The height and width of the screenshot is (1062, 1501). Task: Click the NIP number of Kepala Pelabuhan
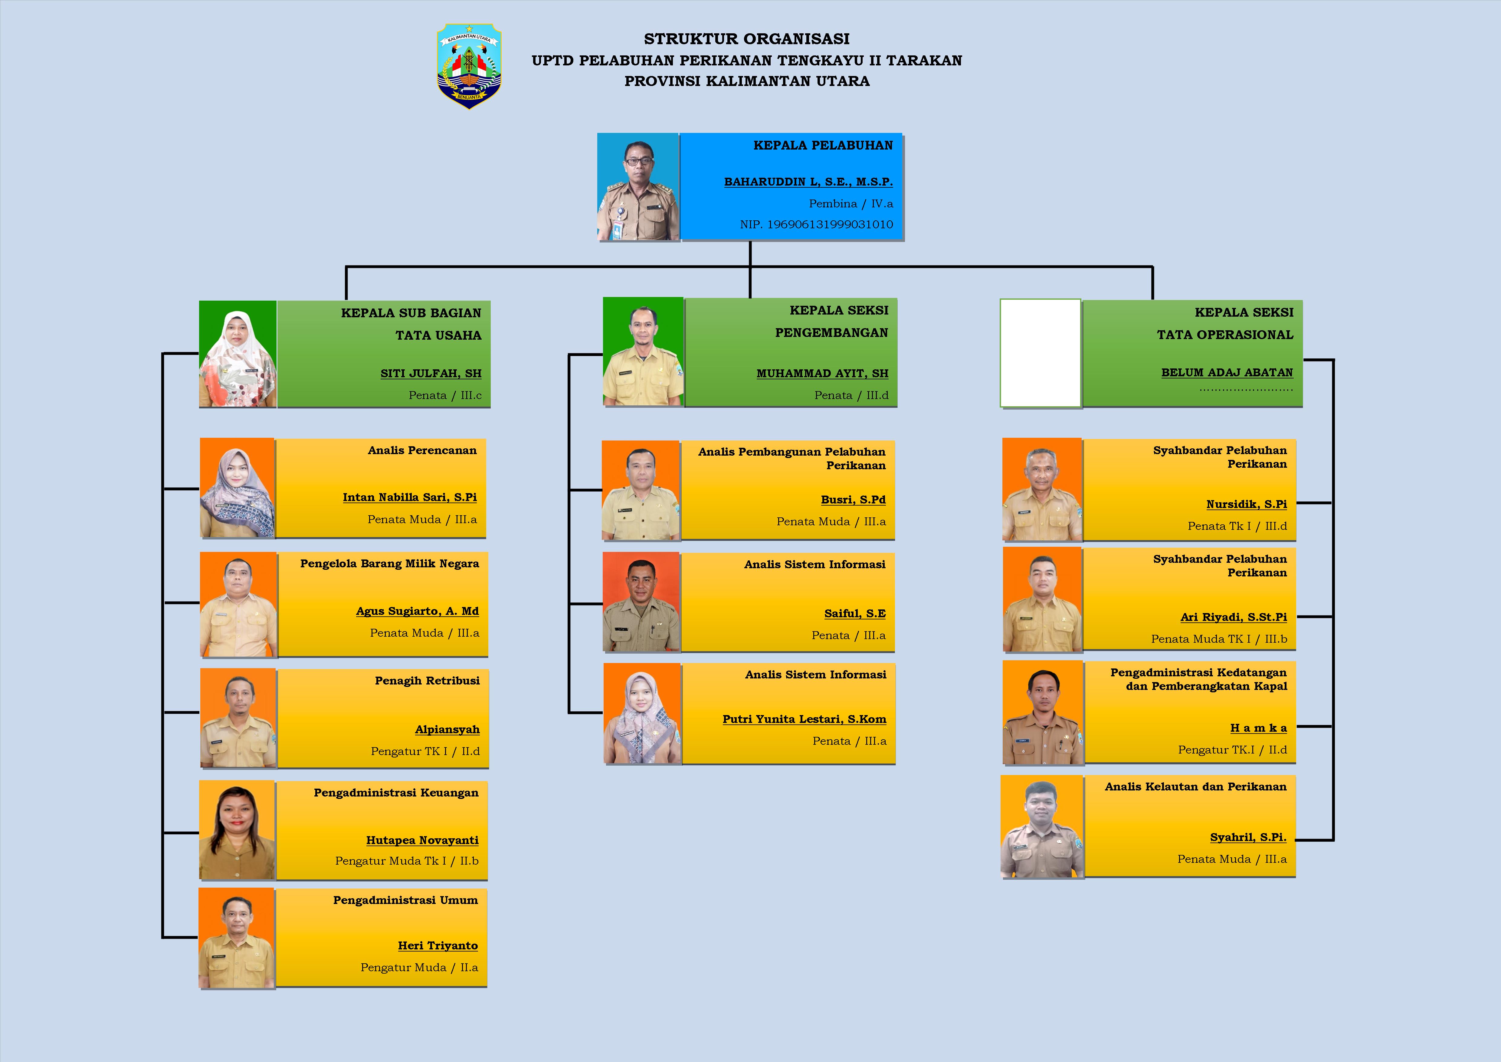817,224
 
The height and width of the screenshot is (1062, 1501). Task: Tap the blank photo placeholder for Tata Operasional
1040,353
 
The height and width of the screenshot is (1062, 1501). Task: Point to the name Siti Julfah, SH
431,373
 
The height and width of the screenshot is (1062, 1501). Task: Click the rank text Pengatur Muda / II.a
419,967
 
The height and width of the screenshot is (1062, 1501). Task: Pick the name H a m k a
1258,728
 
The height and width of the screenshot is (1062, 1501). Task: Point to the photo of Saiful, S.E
641,602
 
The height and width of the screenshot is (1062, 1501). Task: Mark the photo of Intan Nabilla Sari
237,488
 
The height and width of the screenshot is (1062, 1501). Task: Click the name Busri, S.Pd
853,500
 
